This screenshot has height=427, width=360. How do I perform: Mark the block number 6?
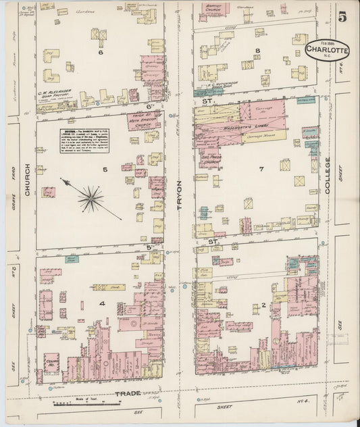[x=101, y=52]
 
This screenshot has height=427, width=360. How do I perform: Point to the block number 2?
[x=263, y=305]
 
